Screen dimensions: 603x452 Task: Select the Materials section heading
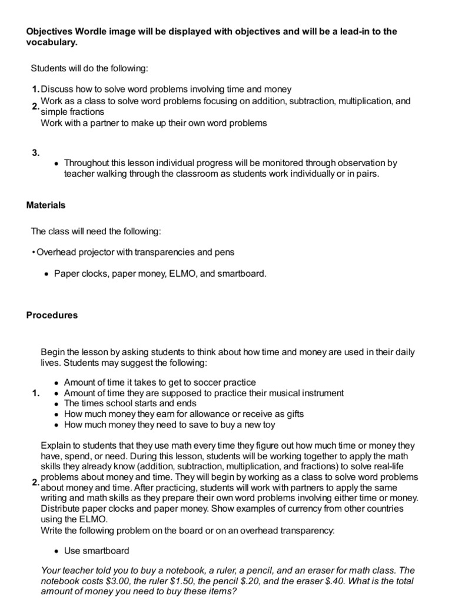pyautogui.click(x=46, y=206)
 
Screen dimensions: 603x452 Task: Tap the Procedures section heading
pyautogui.click(x=52, y=315)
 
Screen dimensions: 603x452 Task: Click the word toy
pyautogui.click(x=267, y=425)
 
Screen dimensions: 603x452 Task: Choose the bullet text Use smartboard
pyautogui.click(x=97, y=551)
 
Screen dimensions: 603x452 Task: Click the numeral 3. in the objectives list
pyautogui.click(x=35, y=153)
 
